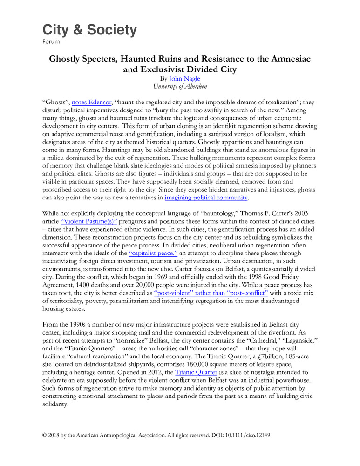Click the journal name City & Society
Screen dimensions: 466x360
tap(90, 30)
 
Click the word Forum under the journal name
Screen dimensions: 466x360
tap(51, 41)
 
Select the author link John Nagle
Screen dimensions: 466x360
tap(184, 79)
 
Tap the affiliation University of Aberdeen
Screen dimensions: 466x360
tap(180, 86)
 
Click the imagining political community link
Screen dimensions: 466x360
tap(206, 197)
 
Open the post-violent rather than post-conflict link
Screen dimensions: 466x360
tap(211, 293)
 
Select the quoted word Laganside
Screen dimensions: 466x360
tap(294, 341)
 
